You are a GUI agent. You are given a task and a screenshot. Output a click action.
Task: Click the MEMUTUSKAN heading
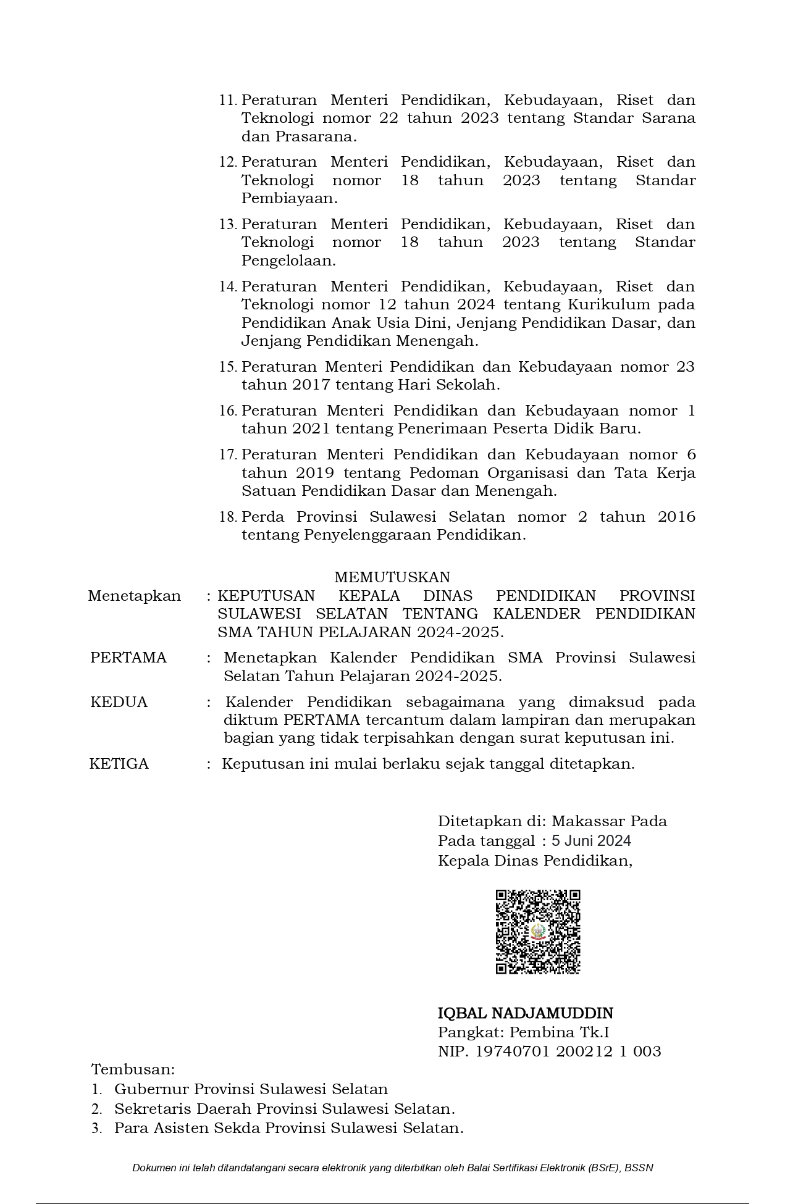(392, 577)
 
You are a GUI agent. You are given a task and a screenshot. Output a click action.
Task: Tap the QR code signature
(538, 932)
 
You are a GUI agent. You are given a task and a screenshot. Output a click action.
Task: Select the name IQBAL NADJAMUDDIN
(526, 1013)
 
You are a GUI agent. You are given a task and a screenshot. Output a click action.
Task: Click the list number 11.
(228, 100)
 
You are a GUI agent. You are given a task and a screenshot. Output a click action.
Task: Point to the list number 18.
(228, 517)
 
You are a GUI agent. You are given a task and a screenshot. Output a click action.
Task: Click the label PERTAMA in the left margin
(128, 658)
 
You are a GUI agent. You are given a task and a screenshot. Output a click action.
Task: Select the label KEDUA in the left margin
(119, 702)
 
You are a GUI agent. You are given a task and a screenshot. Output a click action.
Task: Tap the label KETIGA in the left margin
(119, 764)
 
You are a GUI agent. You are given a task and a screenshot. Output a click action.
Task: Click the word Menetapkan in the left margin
(135, 596)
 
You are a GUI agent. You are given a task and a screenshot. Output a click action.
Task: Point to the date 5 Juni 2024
(591, 840)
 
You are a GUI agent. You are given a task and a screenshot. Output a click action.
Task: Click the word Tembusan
(133, 1069)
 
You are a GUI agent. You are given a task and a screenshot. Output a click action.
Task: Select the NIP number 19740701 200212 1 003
(568, 1051)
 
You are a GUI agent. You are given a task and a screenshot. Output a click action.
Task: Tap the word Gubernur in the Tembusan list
(152, 1089)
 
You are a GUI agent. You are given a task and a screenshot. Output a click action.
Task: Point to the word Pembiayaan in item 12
(289, 198)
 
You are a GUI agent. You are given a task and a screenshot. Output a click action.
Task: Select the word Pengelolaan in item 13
(288, 261)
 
